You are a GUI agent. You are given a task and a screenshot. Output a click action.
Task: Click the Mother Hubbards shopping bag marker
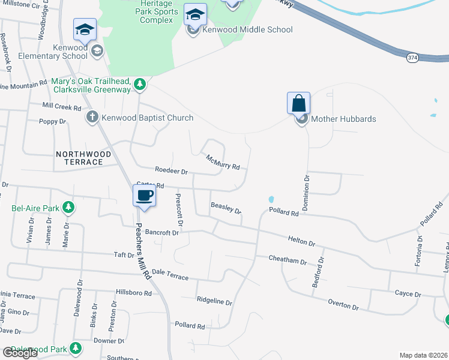(299, 103)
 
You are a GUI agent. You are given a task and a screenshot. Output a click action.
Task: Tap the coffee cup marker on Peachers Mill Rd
(144, 196)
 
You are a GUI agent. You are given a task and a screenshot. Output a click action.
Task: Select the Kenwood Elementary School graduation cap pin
(85, 29)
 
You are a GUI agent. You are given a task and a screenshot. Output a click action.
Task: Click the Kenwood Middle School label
(247, 29)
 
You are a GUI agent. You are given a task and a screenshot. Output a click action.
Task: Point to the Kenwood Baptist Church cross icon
(92, 117)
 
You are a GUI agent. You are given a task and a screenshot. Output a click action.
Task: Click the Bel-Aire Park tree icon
(69, 208)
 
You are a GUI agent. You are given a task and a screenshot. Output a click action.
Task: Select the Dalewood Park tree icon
(75, 349)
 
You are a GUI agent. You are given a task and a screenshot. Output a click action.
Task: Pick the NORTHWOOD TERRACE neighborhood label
(83, 158)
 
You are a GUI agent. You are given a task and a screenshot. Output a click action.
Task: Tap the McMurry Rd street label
(223, 162)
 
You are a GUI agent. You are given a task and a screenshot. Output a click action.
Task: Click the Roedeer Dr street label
(172, 170)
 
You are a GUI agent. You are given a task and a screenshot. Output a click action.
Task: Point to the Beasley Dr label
(226, 208)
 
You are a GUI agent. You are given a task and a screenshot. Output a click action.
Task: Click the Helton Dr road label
(301, 241)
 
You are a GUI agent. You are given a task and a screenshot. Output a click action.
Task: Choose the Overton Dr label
(343, 305)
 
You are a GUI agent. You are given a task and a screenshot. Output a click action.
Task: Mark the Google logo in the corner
(19, 353)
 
